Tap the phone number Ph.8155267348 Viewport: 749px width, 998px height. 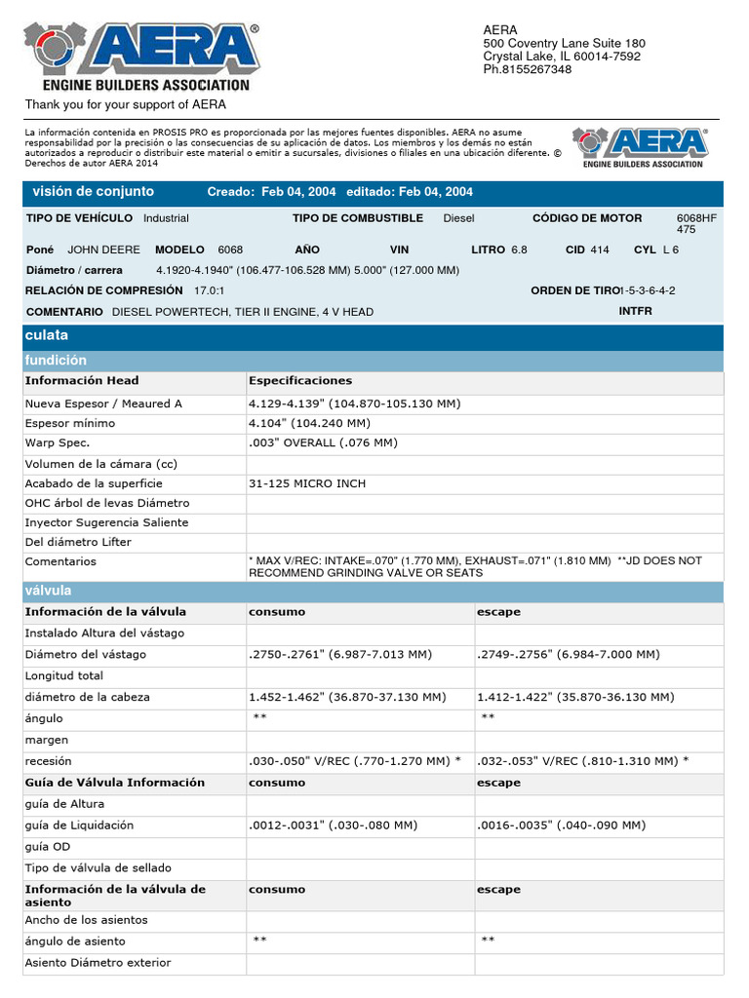click(528, 69)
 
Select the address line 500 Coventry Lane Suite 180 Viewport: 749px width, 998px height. click(564, 43)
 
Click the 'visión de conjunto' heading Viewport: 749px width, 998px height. click(94, 192)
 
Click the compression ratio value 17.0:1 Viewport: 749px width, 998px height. click(209, 290)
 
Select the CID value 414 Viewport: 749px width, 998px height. click(600, 249)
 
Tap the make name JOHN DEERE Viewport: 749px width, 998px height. click(103, 249)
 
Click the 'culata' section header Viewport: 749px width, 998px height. click(47, 336)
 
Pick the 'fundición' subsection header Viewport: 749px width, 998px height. click(56, 361)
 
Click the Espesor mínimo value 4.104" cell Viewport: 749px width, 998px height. click(309, 423)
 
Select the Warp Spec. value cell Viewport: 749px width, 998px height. click(323, 442)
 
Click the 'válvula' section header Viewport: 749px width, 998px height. click(48, 591)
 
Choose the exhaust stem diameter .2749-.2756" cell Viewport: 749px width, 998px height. click(569, 654)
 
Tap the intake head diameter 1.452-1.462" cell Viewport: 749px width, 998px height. click(347, 697)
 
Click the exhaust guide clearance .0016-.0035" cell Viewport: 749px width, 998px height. click(561, 825)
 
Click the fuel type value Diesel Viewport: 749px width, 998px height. click(458, 218)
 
